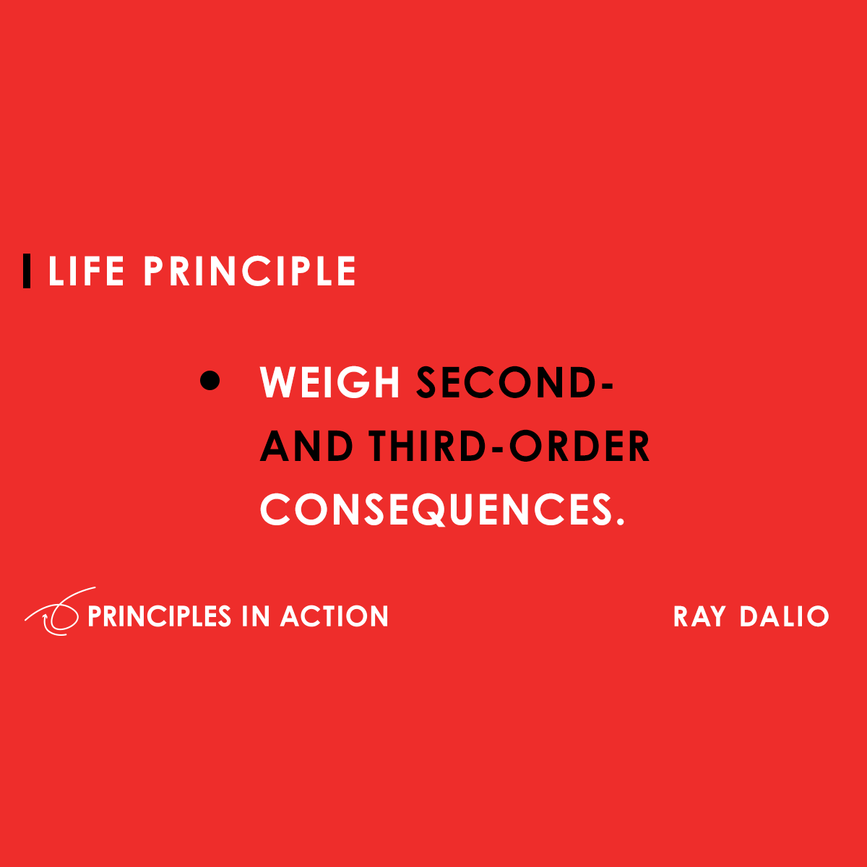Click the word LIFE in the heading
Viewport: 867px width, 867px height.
[x=86, y=272]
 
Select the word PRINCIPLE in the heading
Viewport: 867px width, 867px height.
[x=249, y=272]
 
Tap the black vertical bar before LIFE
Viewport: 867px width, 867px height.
[x=27, y=272]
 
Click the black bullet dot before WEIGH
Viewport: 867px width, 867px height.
[x=210, y=381]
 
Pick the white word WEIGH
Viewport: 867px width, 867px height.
[x=330, y=382]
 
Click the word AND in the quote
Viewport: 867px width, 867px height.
[x=306, y=446]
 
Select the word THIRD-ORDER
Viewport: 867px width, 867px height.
[x=509, y=446]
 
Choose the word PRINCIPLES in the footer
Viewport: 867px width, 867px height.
[x=159, y=616]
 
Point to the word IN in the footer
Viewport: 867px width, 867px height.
[x=256, y=616]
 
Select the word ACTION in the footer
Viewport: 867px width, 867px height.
[x=335, y=616]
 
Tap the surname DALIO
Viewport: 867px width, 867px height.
[x=784, y=616]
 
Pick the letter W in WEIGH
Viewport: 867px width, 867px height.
[x=280, y=382]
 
